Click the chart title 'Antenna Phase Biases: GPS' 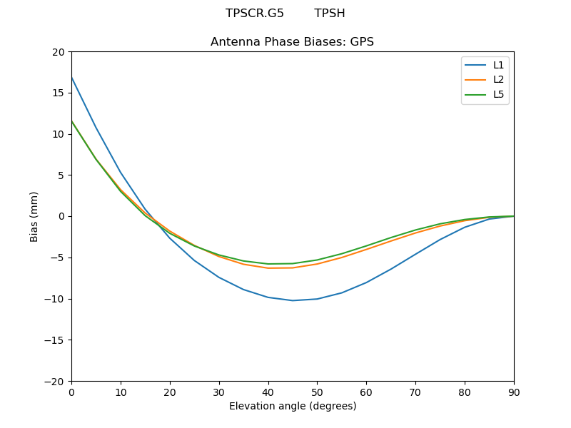tap(292, 42)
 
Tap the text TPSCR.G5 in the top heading tap(255, 14)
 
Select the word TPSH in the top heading tap(330, 14)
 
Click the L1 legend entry tap(498, 65)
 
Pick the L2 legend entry tap(498, 79)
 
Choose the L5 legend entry tap(498, 94)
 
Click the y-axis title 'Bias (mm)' tap(34, 216)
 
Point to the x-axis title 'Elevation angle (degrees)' tap(293, 407)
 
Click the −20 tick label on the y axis tap(56, 382)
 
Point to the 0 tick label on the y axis tap(61, 216)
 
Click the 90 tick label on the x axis tap(514, 392)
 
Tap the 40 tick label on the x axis tap(268, 392)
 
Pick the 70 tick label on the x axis tap(415, 392)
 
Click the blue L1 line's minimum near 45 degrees tap(293, 300)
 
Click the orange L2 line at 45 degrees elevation tap(293, 267)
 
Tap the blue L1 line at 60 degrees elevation tap(366, 282)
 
